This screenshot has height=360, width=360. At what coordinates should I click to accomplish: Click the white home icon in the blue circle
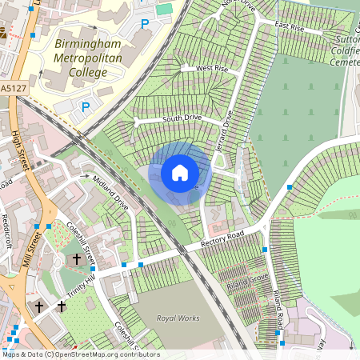pos(180,173)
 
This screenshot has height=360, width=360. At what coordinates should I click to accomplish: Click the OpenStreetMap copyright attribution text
pos(81,354)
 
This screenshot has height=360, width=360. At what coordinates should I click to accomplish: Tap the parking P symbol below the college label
pos(86,106)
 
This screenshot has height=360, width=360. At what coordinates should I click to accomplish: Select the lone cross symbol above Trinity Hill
pos(78,259)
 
